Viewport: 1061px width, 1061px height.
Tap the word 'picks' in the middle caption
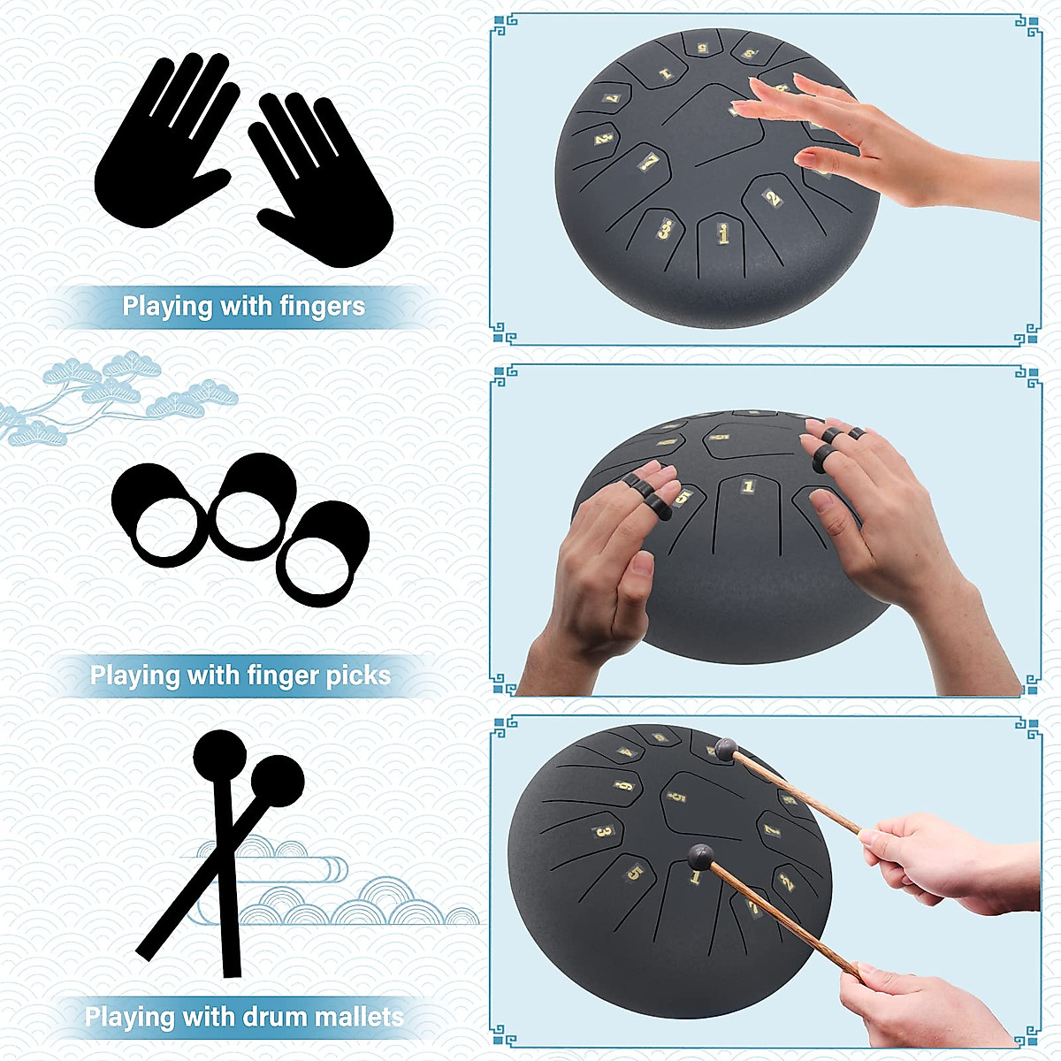(x=357, y=676)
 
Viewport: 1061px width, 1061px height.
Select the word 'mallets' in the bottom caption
(x=357, y=1017)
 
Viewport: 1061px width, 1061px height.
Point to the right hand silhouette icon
(x=323, y=181)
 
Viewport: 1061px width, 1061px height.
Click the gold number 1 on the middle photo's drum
(x=748, y=486)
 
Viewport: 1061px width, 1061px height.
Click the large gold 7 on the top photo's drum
(x=650, y=162)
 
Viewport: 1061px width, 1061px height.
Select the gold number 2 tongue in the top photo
(x=772, y=198)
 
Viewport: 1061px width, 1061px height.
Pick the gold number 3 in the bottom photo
(x=604, y=831)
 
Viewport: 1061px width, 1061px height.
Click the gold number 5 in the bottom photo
(x=634, y=874)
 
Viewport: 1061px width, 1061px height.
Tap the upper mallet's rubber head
(x=726, y=749)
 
